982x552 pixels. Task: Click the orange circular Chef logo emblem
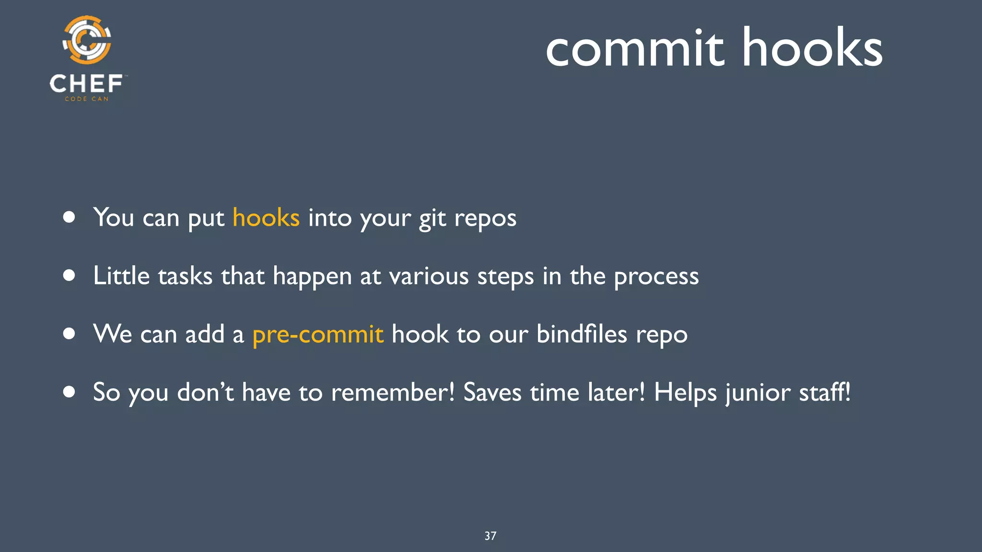coord(87,40)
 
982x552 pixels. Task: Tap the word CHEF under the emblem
coord(86,84)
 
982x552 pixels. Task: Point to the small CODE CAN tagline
coord(87,99)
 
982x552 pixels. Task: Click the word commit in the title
coord(635,48)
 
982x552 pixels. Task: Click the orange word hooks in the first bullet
coord(266,218)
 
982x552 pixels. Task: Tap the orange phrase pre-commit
coord(318,334)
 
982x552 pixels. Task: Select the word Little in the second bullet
coord(121,276)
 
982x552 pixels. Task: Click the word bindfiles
coord(582,334)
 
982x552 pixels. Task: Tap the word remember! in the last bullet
coord(393,392)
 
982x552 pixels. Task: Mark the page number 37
coord(491,536)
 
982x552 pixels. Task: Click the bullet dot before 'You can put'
coord(69,218)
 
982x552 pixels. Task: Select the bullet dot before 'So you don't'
coord(69,392)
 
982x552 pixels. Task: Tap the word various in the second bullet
coord(429,276)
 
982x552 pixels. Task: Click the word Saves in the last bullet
coord(492,392)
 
